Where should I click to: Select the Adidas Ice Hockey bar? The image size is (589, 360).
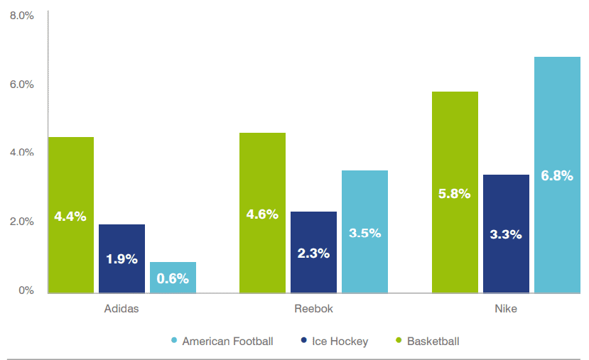(121, 258)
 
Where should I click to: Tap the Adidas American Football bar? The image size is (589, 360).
(173, 278)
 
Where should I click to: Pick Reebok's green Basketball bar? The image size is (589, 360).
(262, 212)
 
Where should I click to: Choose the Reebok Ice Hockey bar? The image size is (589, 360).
(313, 252)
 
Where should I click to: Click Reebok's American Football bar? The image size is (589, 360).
(364, 231)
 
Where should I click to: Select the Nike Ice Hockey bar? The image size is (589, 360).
(506, 234)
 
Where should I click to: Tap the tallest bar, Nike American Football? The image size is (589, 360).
(557, 175)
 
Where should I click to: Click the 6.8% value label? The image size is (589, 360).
(557, 176)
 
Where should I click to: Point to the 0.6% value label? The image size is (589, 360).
(173, 279)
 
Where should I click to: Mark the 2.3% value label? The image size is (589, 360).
(313, 253)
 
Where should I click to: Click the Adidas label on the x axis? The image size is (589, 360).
(121, 310)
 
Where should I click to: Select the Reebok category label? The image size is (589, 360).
(313, 310)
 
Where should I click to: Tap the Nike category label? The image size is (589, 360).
(506, 310)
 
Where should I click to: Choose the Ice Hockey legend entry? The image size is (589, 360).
(340, 342)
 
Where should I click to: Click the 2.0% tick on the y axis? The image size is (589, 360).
(21, 222)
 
